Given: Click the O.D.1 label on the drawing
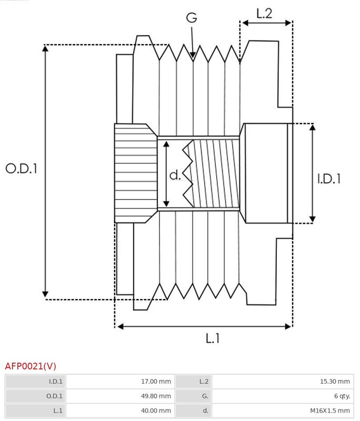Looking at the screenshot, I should (22, 168).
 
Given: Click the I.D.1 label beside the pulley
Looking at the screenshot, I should (329, 179).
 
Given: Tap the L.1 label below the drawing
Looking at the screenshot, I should (212, 338).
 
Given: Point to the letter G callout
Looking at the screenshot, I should (192, 18).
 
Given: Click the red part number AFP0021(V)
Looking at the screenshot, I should (31, 366).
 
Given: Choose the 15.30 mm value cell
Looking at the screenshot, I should (336, 382).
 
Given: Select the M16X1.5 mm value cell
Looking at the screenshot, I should (329, 410).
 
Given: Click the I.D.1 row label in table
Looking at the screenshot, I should (55, 382).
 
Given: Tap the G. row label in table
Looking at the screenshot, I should (205, 396).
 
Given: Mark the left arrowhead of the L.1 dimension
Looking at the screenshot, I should (118, 327).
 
